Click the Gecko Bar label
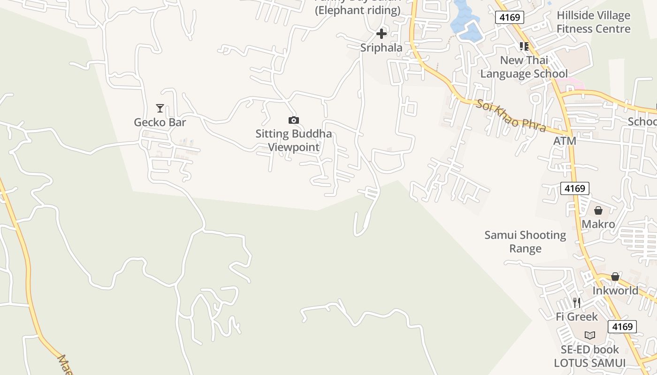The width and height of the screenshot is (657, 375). pos(160,122)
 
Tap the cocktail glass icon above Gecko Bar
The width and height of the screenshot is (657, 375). pos(160,108)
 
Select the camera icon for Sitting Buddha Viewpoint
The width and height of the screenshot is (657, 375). pos(294,120)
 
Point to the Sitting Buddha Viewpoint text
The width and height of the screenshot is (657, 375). pos(294,140)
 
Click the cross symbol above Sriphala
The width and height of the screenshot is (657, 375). pos(382,34)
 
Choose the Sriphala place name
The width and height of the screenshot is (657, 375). pos(382,47)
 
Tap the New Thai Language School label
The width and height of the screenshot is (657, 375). pos(524,67)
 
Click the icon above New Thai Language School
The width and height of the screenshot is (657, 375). pos(524,46)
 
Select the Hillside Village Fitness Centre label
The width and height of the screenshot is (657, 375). pos(593,22)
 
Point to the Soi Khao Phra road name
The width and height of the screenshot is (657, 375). pos(511,115)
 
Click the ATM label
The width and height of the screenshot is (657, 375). pos(565,141)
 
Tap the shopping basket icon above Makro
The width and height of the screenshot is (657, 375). pos(598,210)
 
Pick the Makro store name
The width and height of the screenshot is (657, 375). pos(598,224)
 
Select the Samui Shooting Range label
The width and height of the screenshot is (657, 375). pos(525,241)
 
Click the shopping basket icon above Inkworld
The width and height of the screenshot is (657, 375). pos(615,277)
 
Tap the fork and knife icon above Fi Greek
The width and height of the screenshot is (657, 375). pos(577,303)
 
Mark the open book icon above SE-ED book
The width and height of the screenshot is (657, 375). pos(590,335)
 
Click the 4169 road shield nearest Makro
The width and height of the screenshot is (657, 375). pos(575,188)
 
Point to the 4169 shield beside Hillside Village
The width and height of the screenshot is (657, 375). pos(509,17)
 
